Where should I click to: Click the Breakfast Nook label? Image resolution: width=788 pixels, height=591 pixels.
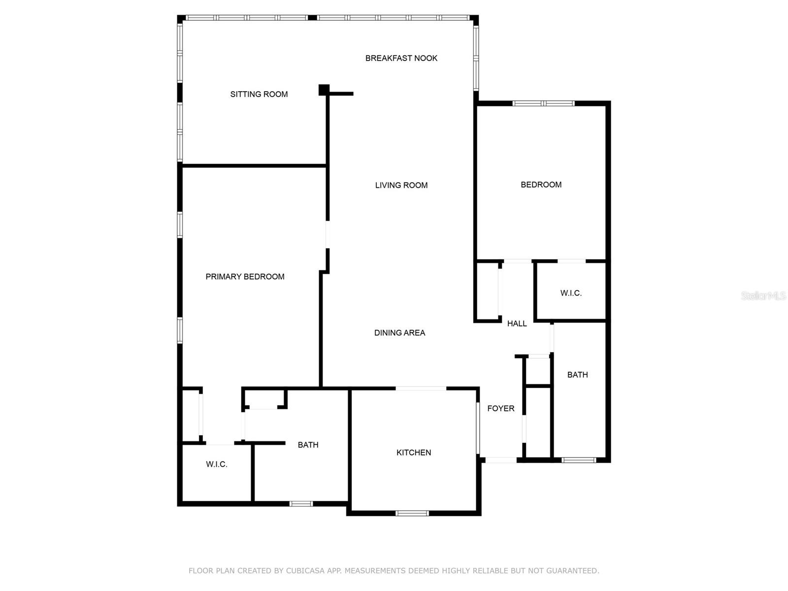(401, 58)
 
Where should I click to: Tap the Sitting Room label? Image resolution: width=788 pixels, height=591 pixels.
(259, 94)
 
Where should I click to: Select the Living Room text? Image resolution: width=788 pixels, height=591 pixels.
(401, 185)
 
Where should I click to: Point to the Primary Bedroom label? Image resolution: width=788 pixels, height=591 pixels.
(245, 277)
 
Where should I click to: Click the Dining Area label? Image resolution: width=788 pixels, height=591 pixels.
(399, 333)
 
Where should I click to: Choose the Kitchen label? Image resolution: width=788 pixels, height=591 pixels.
(413, 453)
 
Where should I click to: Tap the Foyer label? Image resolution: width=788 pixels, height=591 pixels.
(500, 408)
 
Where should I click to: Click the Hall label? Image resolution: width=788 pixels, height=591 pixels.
(517, 324)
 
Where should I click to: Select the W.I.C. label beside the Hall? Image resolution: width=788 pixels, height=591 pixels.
(571, 293)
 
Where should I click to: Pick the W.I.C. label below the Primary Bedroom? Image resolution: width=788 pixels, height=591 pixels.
(216, 464)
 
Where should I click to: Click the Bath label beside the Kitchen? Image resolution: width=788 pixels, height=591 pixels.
(308, 445)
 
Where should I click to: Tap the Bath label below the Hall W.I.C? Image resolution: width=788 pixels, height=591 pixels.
(577, 375)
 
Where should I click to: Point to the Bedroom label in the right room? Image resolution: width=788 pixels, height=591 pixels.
(541, 185)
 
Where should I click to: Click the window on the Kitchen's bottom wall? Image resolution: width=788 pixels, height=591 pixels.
(412, 513)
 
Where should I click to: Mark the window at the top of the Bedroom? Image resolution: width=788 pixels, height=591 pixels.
(543, 103)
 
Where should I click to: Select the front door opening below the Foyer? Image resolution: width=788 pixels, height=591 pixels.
(501, 460)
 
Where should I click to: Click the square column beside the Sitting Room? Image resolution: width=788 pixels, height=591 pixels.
(324, 90)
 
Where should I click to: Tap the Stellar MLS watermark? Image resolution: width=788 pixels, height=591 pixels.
(763, 295)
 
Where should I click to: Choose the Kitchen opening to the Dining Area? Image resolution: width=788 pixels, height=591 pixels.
(421, 389)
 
